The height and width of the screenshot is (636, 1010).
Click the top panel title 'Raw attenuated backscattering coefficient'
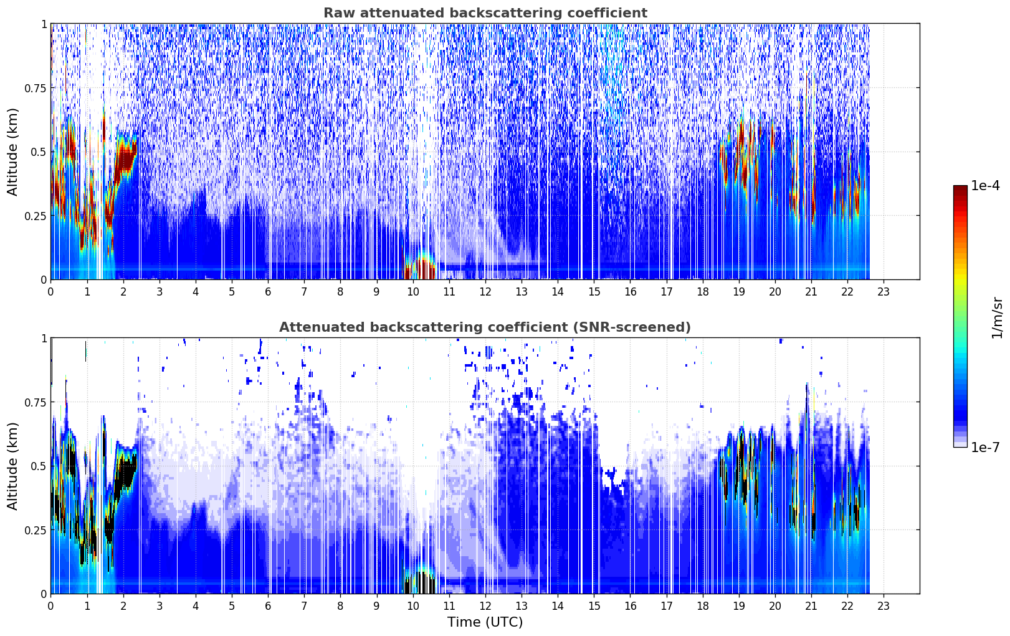[x=485, y=12]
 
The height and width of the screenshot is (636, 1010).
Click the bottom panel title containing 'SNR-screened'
[x=485, y=327]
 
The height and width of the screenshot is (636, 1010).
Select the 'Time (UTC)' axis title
[x=485, y=622]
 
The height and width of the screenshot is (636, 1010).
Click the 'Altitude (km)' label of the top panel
[x=12, y=152]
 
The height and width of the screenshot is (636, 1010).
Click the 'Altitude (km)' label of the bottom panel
[x=12, y=466]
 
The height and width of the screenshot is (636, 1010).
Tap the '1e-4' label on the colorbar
[x=984, y=185]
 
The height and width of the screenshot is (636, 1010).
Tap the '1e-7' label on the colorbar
[x=984, y=448]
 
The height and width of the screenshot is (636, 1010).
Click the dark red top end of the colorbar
[x=960, y=188]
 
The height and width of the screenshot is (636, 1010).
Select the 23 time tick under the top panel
[x=884, y=292]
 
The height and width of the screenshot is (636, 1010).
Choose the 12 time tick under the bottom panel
[x=485, y=606]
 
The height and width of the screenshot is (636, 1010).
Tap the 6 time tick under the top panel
[x=268, y=292]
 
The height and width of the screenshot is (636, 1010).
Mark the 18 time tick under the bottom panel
[x=702, y=606]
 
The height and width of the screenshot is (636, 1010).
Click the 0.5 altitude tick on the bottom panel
[x=39, y=466]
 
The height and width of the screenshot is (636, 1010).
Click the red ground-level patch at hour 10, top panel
[x=419, y=267]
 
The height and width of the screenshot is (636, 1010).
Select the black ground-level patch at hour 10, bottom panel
[x=419, y=583]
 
